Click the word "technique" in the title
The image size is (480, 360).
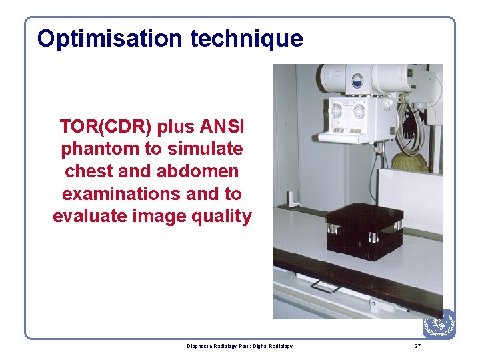click(246, 39)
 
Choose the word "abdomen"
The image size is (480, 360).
click(197, 171)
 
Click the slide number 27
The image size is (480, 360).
click(417, 346)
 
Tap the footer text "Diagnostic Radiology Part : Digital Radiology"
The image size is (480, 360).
click(239, 346)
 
